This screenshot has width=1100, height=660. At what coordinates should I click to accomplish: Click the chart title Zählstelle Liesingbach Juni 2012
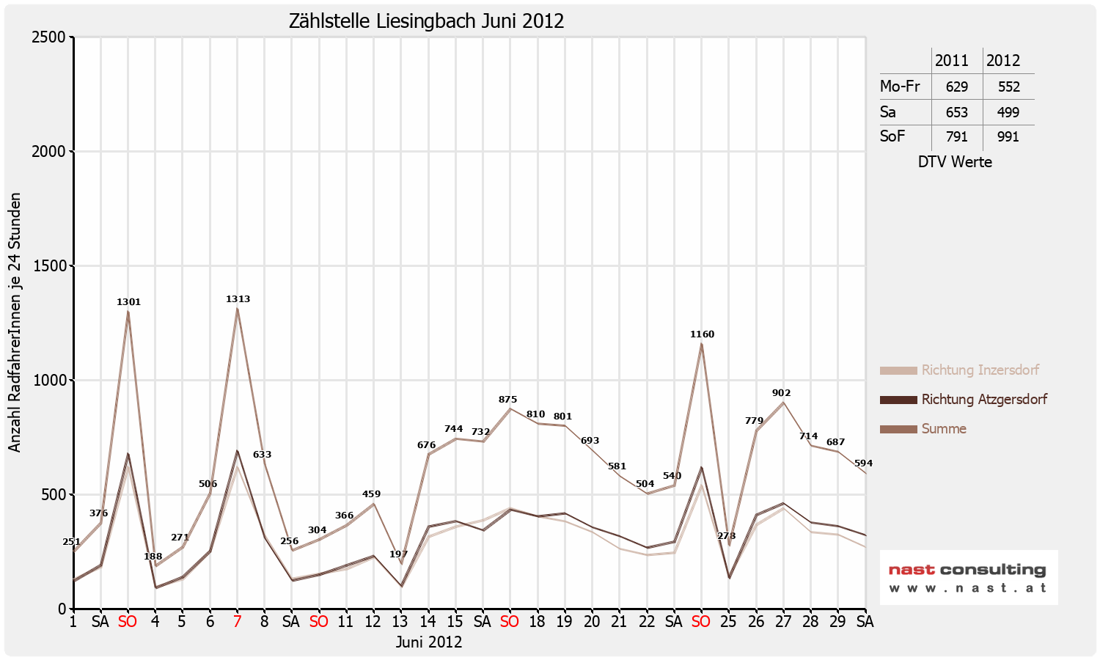[426, 21]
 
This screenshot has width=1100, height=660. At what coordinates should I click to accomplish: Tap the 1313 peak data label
[238, 299]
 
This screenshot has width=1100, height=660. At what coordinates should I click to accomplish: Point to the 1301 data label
[128, 302]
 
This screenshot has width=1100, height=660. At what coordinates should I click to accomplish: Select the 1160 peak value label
[702, 334]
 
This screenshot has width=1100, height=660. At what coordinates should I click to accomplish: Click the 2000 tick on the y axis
[48, 152]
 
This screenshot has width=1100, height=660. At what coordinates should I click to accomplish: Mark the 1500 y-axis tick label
[48, 266]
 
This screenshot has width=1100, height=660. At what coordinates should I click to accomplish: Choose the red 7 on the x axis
[237, 622]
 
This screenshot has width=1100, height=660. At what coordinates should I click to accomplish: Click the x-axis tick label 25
[728, 622]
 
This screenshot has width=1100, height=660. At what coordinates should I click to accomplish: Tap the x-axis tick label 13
[400, 622]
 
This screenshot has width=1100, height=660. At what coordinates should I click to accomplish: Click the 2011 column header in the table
[952, 61]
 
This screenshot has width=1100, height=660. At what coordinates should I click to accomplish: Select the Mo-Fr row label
[900, 87]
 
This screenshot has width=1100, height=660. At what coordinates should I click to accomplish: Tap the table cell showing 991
[1008, 137]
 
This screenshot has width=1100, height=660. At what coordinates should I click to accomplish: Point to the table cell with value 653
[957, 113]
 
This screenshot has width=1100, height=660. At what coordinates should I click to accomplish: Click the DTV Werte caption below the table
[955, 162]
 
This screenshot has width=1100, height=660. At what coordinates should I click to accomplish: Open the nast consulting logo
[968, 577]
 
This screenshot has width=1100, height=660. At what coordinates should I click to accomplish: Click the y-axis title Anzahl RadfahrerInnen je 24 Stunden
[15, 323]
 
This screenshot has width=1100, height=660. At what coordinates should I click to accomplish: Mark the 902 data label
[782, 393]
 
